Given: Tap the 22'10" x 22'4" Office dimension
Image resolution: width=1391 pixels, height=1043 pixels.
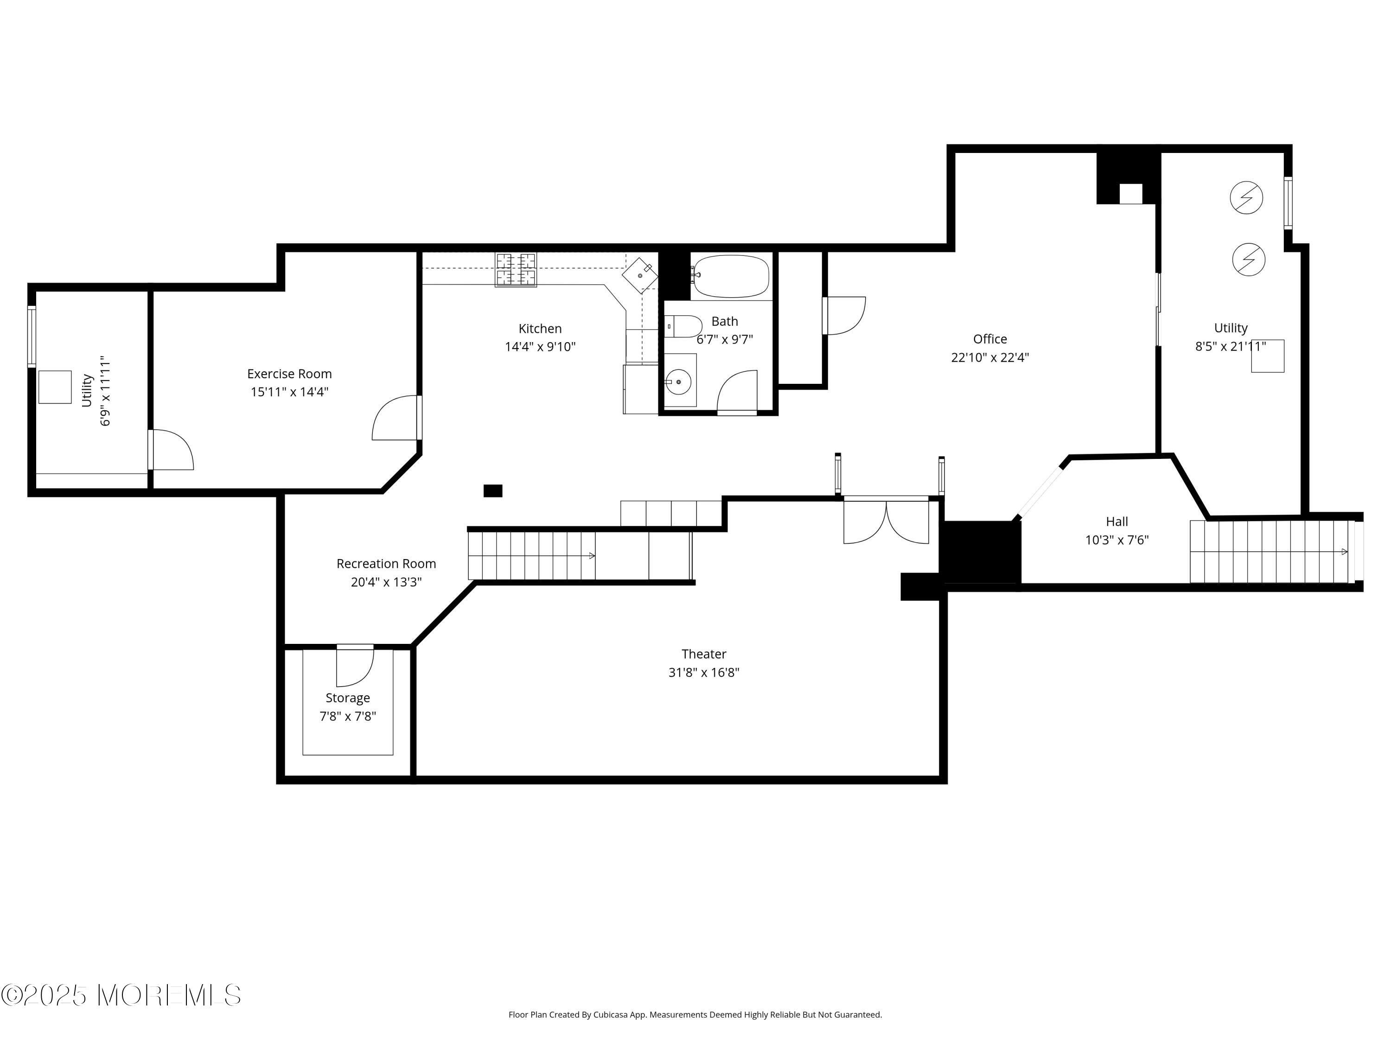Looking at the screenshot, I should (990, 357).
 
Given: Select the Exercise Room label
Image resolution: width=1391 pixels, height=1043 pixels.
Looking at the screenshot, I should (289, 374).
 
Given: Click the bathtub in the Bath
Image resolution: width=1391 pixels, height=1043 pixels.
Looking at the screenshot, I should (731, 277).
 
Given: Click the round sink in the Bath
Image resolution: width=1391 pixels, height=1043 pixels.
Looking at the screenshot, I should (678, 382).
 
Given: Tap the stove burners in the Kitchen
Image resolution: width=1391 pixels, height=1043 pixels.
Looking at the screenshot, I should (516, 269).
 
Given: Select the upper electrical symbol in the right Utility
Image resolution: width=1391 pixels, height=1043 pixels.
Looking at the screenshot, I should (1246, 197).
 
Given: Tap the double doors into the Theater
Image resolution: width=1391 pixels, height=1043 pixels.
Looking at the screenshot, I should (886, 522).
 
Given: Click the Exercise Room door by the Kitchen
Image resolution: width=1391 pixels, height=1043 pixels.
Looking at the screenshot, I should (396, 419).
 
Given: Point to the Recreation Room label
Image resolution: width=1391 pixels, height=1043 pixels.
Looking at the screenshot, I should (386, 563).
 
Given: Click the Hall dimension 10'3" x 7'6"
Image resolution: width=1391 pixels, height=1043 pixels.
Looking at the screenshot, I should (1117, 540).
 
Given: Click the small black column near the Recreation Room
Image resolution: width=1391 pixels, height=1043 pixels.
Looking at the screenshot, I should (492, 490).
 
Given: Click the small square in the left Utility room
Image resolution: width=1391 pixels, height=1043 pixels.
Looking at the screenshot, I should (55, 387).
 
